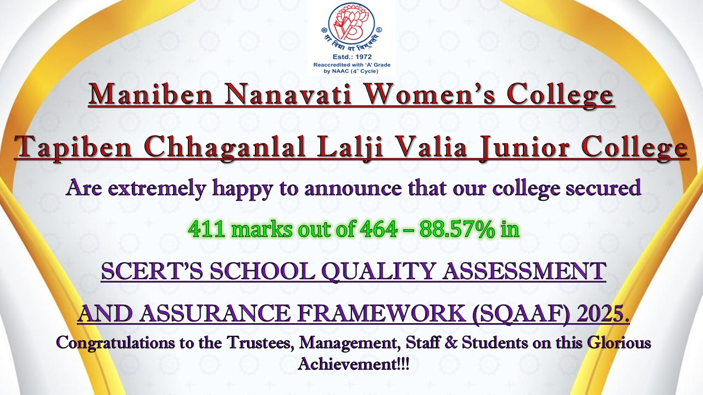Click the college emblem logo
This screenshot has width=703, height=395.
351,26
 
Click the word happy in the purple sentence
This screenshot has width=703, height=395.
242,189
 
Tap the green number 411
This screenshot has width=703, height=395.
206,229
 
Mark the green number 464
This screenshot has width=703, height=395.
379,229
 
